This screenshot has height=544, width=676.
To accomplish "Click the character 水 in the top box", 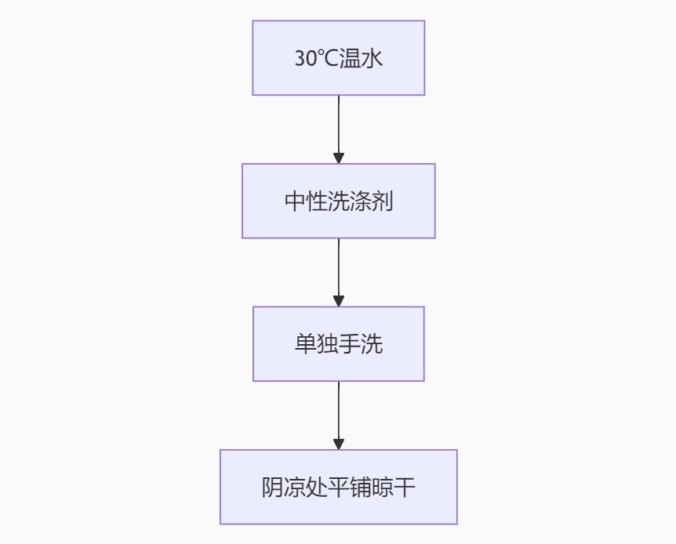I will (x=372, y=59).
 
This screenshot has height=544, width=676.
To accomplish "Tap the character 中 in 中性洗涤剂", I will (x=294, y=201).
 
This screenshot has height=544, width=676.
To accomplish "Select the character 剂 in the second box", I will (x=383, y=201).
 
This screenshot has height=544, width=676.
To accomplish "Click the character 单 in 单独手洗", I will (x=305, y=344).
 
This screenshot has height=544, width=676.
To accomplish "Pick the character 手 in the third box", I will (x=350, y=344).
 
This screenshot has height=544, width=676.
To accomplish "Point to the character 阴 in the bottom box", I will (x=272, y=488).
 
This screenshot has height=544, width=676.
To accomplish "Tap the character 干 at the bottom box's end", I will (x=405, y=488).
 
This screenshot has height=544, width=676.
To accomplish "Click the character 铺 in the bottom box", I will (x=361, y=488).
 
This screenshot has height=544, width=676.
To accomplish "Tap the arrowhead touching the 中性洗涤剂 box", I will (x=339, y=158).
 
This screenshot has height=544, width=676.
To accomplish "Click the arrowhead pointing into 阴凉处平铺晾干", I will (x=339, y=444).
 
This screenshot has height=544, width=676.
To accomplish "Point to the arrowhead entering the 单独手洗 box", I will (x=339, y=301).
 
